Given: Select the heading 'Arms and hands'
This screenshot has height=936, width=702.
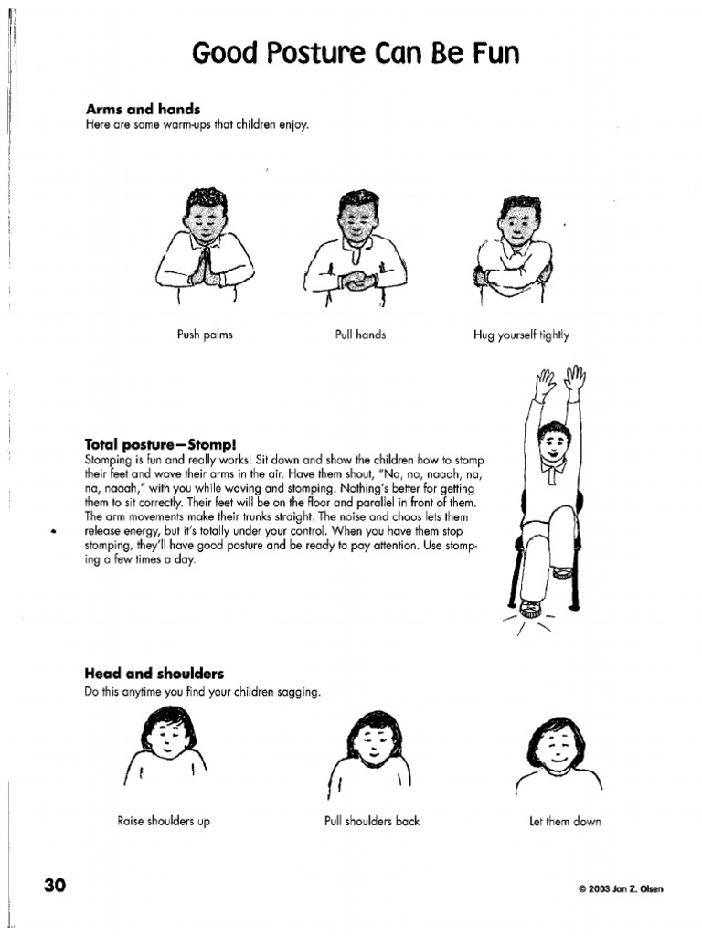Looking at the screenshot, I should click(142, 110).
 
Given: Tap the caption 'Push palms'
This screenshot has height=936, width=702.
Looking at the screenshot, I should click(205, 335).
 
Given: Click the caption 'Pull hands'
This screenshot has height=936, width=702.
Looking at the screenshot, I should click(361, 335).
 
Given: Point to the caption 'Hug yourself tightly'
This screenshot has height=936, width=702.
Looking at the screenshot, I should click(521, 335).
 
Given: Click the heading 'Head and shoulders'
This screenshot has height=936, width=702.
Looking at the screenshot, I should click(154, 675).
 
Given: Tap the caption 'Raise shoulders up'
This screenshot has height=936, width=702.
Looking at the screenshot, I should click(164, 821).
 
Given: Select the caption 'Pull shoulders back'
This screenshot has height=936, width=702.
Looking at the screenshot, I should click(372, 821).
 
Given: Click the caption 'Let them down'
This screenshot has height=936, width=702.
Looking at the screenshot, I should click(565, 821).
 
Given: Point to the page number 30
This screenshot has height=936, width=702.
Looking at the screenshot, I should click(54, 886).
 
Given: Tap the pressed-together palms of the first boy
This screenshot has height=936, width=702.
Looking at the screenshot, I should click(206, 266).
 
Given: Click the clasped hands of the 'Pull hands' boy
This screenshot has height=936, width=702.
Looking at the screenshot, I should click(358, 281).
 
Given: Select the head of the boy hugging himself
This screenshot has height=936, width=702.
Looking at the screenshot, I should click(519, 219).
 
